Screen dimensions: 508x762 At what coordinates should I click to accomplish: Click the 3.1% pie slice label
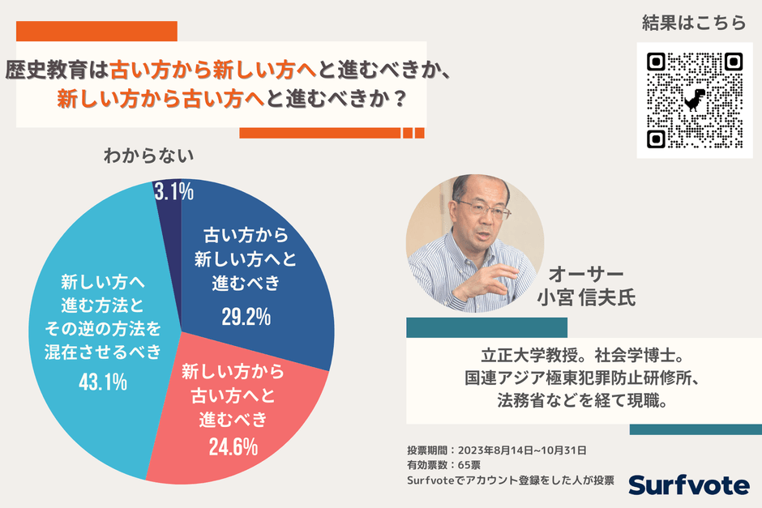[173, 192]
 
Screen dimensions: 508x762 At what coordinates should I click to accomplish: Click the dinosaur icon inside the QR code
[694, 100]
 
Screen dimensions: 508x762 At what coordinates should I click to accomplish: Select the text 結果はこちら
[693, 23]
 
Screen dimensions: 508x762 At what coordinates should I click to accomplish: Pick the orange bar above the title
[97, 31]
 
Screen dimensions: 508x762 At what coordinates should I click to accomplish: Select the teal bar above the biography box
[486, 327]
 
